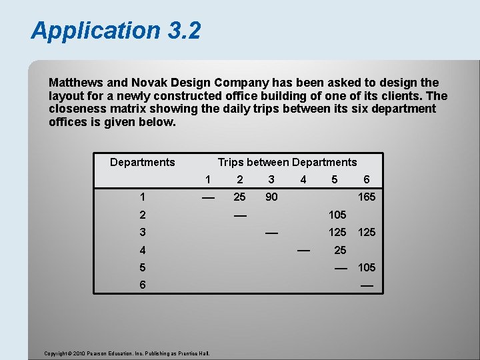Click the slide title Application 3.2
click(x=115, y=31)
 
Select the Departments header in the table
click(x=142, y=162)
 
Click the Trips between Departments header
click(x=287, y=162)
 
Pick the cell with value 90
click(x=271, y=197)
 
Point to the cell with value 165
click(x=367, y=197)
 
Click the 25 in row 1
click(x=239, y=197)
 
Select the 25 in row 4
click(x=340, y=250)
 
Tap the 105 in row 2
click(x=337, y=215)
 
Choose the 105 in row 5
click(x=367, y=267)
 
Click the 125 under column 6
click(x=367, y=232)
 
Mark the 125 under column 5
click(x=337, y=232)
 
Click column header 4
click(x=303, y=179)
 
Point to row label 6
click(x=142, y=285)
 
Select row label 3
click(x=142, y=232)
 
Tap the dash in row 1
click(x=208, y=197)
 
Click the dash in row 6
click(x=367, y=285)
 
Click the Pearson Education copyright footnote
click(x=127, y=353)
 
